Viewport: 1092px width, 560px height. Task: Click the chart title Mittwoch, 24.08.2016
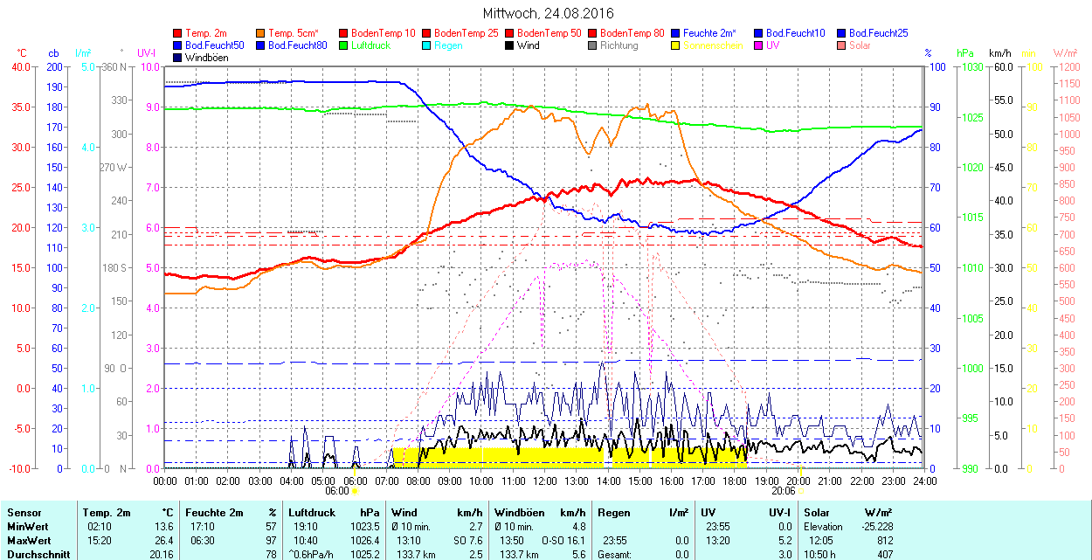[x=548, y=13]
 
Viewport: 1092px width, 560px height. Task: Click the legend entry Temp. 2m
[x=205, y=33]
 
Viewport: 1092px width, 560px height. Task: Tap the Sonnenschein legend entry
[x=713, y=45]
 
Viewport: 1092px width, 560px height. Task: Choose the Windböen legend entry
[x=206, y=58]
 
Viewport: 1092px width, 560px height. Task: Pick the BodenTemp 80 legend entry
[x=632, y=33]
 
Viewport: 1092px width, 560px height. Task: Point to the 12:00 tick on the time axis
[x=545, y=480]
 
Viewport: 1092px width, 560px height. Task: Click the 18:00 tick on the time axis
[x=735, y=480]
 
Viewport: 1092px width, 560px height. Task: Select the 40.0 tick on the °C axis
[x=17, y=67]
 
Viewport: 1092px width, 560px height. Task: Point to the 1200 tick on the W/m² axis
[x=1067, y=67]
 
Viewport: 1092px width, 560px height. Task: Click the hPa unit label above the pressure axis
[x=964, y=53]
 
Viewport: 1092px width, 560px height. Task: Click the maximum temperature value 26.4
[x=163, y=541]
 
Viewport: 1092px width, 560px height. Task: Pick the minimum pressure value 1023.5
[x=370, y=527]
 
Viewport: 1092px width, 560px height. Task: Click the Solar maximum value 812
[x=884, y=541]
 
